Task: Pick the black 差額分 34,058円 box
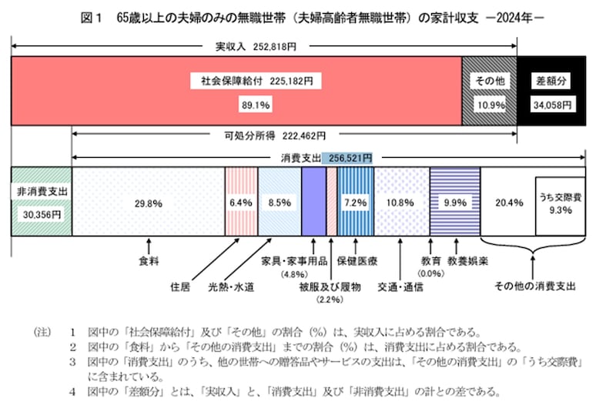coord(551,90)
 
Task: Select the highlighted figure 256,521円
coord(350,157)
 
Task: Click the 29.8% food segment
coord(147,202)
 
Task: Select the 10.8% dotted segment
coord(401,202)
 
